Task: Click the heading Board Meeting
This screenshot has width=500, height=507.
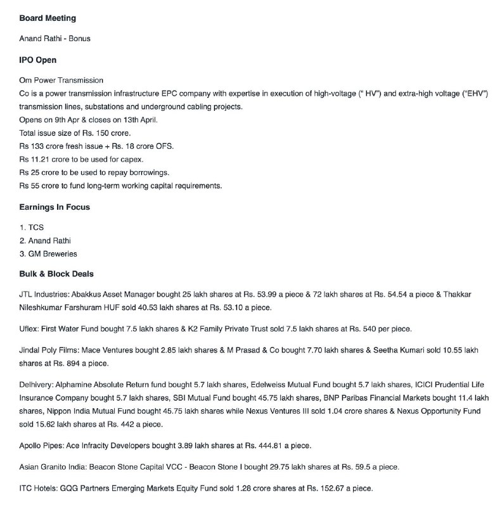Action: (48, 18)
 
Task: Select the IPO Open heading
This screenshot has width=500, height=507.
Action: (38, 60)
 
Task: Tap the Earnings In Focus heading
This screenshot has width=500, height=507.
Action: (54, 207)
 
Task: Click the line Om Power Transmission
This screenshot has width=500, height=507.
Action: (61, 80)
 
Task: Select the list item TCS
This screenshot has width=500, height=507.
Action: (36, 226)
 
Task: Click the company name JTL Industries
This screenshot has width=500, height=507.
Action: (44, 295)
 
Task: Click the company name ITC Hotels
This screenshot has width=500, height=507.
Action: (40, 489)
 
